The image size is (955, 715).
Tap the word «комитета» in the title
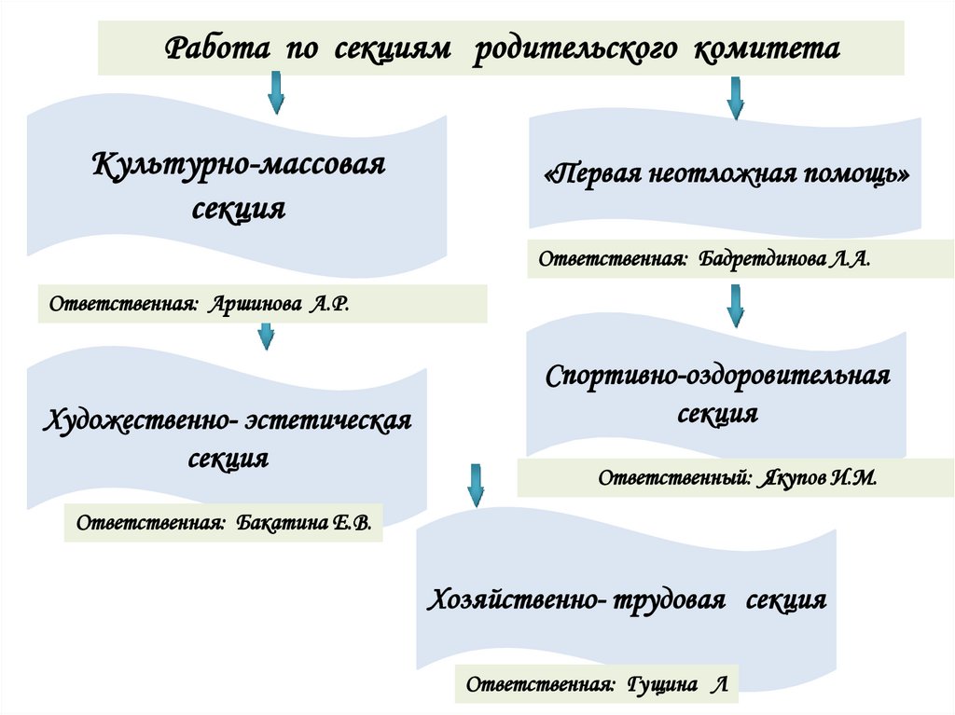point(766,48)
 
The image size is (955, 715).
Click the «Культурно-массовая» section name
point(239,169)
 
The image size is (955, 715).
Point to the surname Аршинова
point(251,305)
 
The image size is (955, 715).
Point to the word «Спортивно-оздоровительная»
point(719,377)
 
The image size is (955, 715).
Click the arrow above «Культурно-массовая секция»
point(277,93)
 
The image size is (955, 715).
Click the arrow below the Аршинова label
point(266,336)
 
